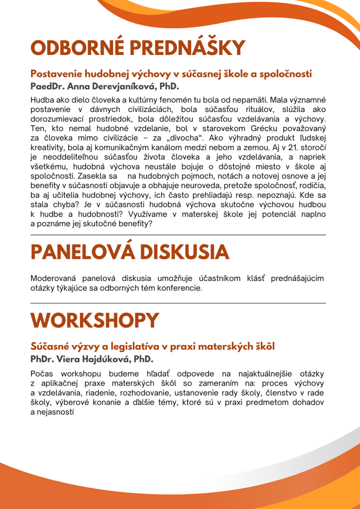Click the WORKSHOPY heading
click(95, 320)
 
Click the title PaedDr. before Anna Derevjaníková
click(48, 87)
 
